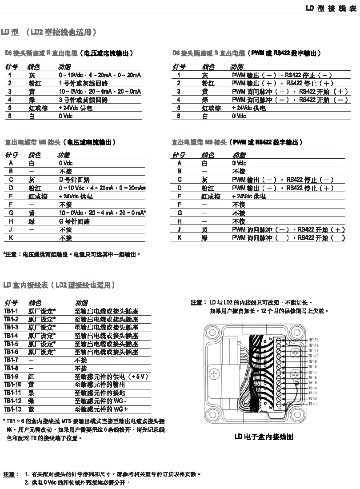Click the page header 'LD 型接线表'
tap(331, 8)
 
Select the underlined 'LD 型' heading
tap(9, 32)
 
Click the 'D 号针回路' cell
tap(75, 180)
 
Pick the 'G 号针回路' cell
tap(75, 221)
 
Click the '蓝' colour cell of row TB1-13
tap(31, 409)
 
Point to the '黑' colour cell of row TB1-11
tap(31, 393)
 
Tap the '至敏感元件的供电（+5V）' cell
tap(111, 377)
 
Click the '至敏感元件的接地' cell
tap(100, 393)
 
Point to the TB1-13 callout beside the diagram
tap(313, 340)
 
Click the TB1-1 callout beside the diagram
tap(312, 404)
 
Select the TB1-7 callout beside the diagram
tap(312, 372)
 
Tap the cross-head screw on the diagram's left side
tap(215, 374)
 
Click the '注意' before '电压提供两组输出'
tap(11, 255)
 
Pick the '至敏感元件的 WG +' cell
tap(101, 409)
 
